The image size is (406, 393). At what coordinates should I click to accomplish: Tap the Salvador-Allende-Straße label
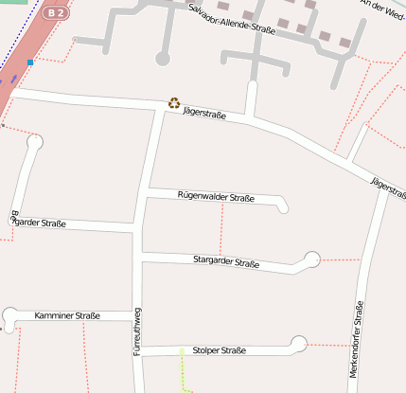coord(232,19)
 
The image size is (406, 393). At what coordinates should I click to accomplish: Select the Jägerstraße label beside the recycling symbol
coord(204,113)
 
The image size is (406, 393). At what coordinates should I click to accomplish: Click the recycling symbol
coord(174,102)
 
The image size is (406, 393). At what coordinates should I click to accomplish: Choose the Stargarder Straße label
coord(226,261)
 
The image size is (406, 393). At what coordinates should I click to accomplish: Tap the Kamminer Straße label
coord(67,314)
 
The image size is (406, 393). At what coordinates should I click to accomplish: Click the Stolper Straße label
coord(220,350)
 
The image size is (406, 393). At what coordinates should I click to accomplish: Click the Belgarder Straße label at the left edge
coord(38,223)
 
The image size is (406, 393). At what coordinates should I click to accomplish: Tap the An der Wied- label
coord(384,7)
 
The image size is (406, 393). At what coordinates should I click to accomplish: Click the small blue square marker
coord(30,63)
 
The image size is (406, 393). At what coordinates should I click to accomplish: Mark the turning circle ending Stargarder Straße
coord(311,258)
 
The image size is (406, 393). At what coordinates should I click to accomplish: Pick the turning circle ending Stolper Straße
coord(299,344)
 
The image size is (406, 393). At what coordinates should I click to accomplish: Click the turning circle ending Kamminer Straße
coord(10,315)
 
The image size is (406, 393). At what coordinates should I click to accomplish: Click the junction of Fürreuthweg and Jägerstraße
coord(157,104)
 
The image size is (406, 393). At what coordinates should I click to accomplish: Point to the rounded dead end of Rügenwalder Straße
coord(283,205)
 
